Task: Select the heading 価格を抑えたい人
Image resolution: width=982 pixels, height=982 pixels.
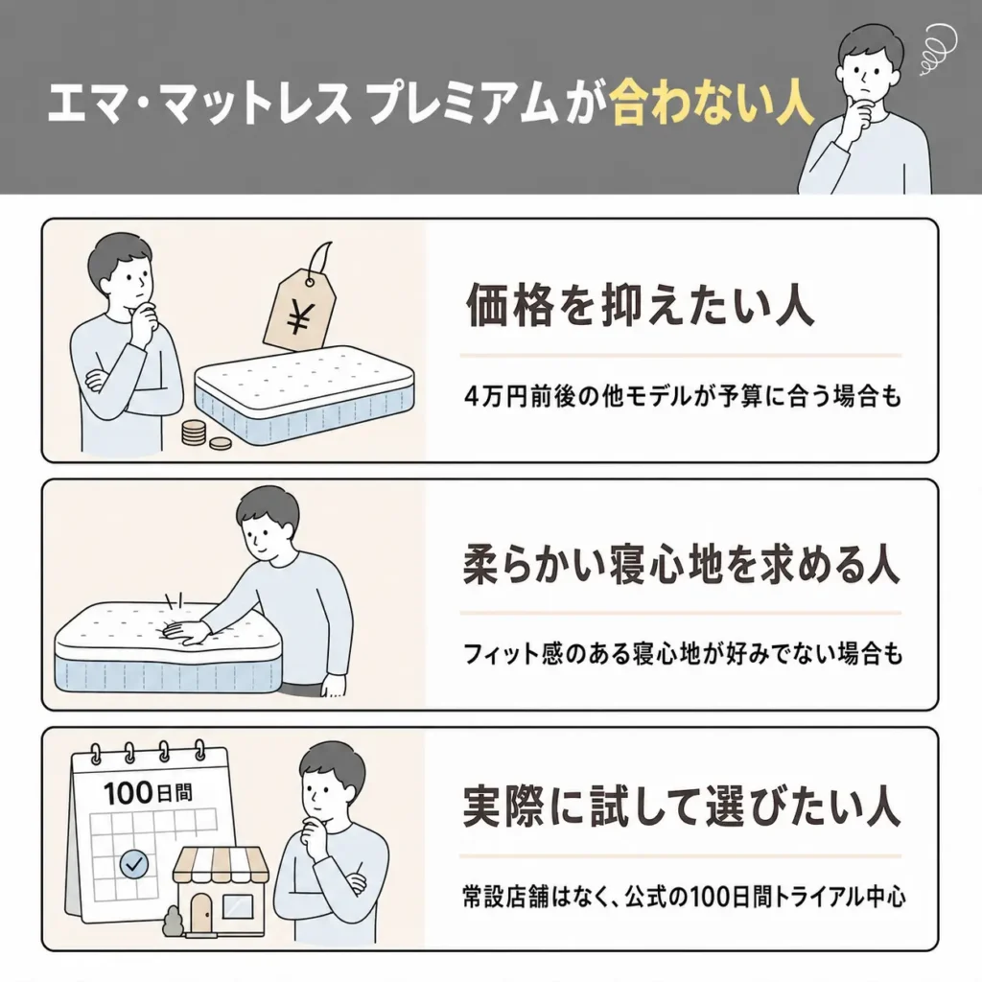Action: coord(640,306)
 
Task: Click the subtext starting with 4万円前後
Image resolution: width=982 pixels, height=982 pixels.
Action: coord(683,397)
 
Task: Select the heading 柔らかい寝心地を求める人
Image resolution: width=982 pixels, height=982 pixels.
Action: coord(682,565)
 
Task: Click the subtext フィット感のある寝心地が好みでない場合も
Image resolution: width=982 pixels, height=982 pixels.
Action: coord(683,654)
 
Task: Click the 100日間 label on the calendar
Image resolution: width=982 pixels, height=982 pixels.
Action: coord(148,793)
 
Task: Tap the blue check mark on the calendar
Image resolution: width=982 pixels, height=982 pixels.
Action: coord(133,865)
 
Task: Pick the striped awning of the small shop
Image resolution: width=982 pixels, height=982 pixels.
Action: coord(221,865)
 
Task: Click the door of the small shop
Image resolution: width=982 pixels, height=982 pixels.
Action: coord(201,912)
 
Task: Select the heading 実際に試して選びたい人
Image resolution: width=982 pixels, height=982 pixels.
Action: coord(682,807)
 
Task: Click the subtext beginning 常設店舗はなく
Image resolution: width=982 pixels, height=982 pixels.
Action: coord(684,898)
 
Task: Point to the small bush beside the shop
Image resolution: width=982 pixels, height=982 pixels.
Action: coord(172,922)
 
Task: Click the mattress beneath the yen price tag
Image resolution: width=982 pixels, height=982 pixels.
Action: coord(304,395)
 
